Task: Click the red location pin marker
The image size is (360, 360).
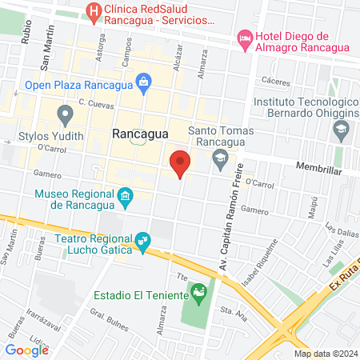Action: coord(180,163)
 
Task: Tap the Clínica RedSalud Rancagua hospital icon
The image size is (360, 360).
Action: coord(94,12)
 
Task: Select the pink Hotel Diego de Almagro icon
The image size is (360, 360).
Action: coord(245,38)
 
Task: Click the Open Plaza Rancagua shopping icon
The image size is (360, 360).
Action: coord(143,80)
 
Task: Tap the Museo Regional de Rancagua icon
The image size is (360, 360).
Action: coord(125,196)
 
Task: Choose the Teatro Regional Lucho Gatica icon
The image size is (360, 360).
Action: coord(143,239)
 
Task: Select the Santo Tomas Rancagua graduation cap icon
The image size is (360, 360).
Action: coord(219,158)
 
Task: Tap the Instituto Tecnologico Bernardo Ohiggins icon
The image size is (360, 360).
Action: coord(342,129)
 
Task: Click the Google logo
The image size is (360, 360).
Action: coord(26,350)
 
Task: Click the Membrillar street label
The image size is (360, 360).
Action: coord(318,171)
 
